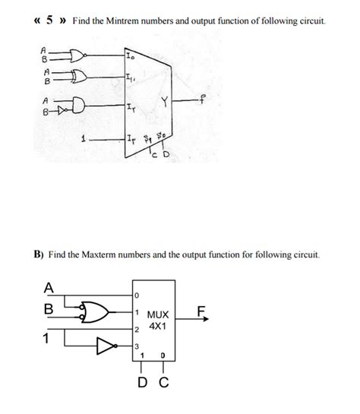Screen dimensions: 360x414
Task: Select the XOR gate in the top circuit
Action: coord(76,77)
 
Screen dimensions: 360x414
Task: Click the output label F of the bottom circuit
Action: coord(201,310)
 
